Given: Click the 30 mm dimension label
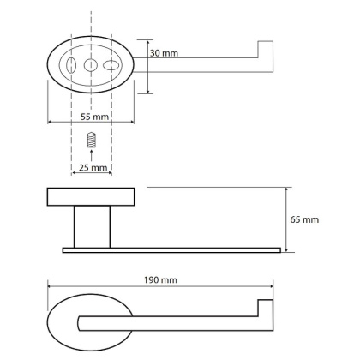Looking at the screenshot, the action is click(x=164, y=53).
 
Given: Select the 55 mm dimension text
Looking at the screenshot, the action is click(x=94, y=117).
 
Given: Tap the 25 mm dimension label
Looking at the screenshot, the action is click(x=93, y=168).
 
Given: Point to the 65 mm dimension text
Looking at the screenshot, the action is click(x=304, y=219).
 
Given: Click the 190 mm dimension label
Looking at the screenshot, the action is click(x=160, y=279).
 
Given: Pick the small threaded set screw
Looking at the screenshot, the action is click(x=91, y=140).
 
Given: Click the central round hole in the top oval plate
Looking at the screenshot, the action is click(x=91, y=65).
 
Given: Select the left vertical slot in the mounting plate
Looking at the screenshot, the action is click(x=71, y=65).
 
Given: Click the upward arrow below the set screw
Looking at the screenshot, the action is click(x=91, y=155).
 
